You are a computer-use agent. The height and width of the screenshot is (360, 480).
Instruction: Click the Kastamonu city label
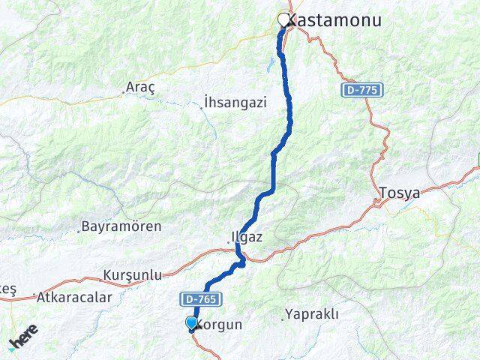(337, 20)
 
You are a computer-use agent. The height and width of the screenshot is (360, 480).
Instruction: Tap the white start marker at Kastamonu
(284, 20)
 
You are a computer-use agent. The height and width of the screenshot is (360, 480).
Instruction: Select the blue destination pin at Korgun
(192, 323)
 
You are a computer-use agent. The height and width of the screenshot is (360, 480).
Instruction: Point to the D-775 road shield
(363, 90)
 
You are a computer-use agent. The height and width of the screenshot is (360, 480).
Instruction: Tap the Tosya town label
(400, 193)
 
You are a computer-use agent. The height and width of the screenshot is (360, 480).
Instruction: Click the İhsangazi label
(235, 103)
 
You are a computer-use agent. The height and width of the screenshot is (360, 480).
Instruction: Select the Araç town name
(140, 87)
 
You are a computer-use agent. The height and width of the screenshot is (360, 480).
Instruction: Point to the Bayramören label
(121, 226)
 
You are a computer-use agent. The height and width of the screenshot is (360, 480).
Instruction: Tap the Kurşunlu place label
(133, 275)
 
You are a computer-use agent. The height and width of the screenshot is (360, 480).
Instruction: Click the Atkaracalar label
(74, 297)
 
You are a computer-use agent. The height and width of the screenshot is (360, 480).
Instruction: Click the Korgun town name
(220, 325)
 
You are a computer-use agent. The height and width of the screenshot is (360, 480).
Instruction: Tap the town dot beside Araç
(124, 91)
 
